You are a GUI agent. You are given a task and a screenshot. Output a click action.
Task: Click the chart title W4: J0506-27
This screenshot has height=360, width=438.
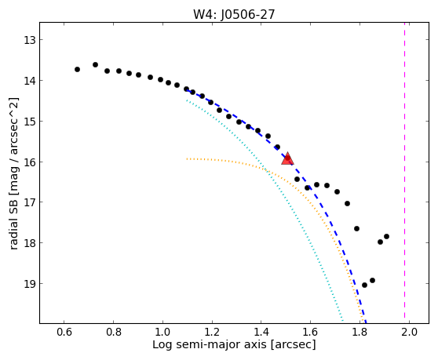[x=234, y=14]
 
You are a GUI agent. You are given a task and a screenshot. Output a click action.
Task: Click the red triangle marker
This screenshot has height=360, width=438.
[x=287, y=158]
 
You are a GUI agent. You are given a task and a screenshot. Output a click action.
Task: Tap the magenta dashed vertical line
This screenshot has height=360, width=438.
[x=404, y=173]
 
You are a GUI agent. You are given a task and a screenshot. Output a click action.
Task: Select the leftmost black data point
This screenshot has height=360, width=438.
[x=78, y=69]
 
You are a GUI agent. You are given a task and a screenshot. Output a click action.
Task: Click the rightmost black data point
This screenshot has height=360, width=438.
[x=387, y=236]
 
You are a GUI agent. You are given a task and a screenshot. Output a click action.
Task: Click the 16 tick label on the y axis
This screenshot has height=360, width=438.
[x=30, y=162]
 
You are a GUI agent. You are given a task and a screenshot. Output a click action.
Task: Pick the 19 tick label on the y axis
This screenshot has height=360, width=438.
[x=30, y=284]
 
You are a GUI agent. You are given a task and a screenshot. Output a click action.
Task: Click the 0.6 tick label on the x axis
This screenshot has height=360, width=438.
[x=64, y=332]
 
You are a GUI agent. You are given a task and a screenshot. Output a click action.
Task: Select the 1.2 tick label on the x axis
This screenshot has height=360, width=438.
[x=212, y=332]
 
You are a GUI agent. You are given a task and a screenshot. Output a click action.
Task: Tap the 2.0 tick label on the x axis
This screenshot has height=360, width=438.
[x=409, y=332]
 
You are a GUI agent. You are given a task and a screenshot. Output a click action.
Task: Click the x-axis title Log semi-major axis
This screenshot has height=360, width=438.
[x=210, y=344]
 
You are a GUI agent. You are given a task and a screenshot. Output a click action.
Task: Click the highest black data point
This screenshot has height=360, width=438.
[x=95, y=65]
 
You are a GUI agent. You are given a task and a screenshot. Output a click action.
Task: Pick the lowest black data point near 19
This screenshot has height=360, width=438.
[x=364, y=285]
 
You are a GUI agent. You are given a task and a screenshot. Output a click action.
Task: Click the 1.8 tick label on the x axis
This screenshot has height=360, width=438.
[x=360, y=332]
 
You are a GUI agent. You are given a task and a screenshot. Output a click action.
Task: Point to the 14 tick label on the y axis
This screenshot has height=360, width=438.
[x=30, y=81]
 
